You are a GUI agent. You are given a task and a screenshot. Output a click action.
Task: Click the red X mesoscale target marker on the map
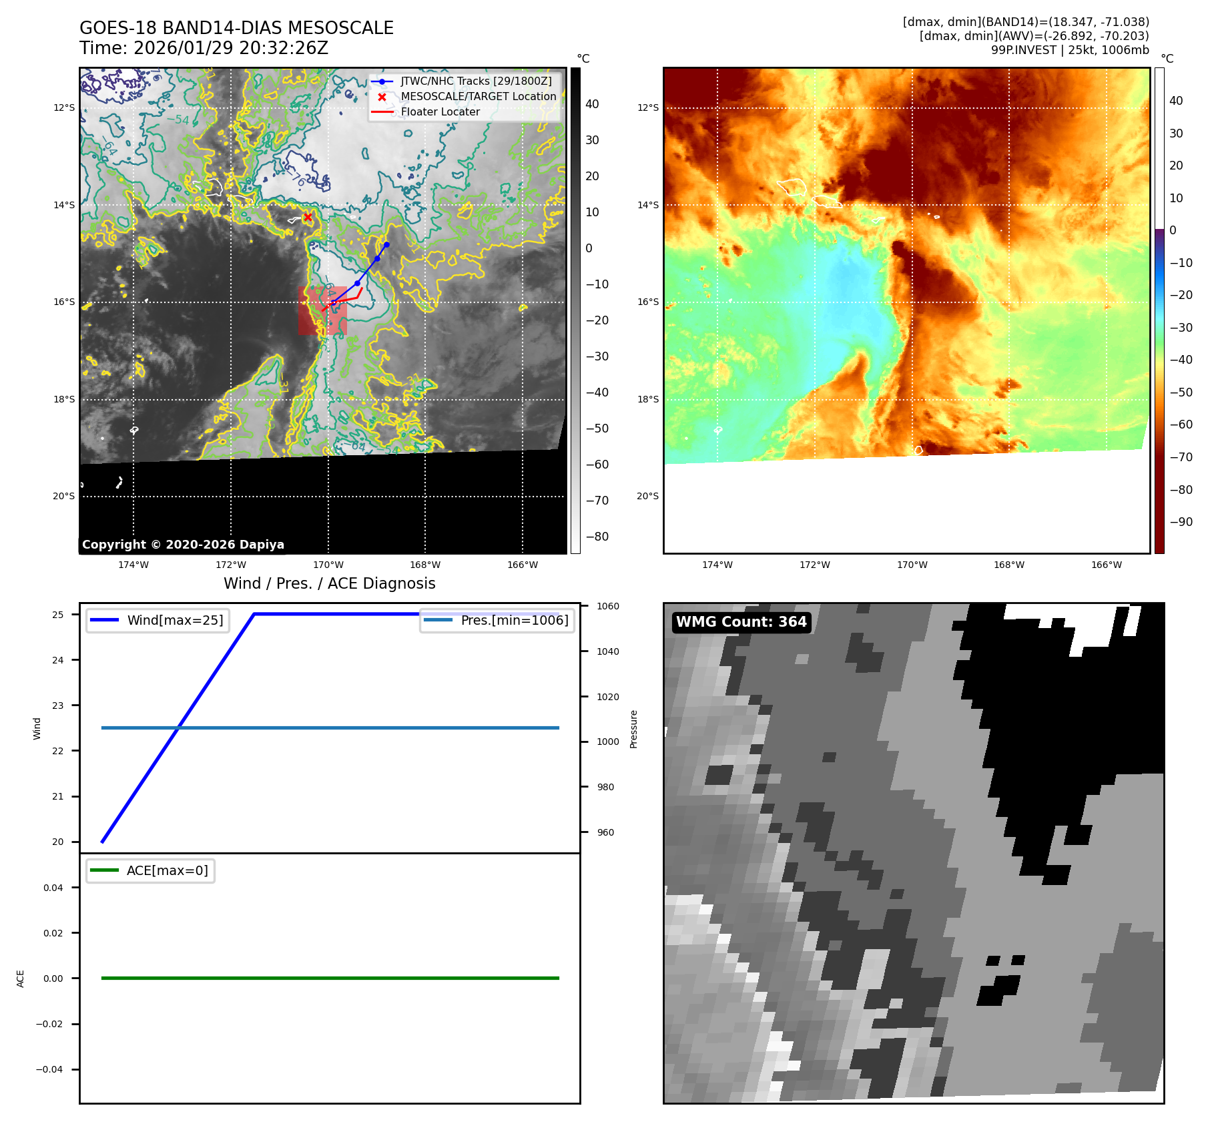(308, 217)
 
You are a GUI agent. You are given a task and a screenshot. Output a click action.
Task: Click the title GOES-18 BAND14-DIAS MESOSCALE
(236, 28)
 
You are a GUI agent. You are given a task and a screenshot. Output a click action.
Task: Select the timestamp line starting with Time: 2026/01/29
(204, 48)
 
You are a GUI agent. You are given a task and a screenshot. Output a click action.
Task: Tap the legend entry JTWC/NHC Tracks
(476, 81)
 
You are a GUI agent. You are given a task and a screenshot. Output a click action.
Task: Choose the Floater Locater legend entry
(440, 111)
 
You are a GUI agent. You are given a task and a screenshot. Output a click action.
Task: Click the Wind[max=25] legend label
(175, 620)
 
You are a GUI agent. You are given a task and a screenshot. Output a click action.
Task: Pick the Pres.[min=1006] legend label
(514, 620)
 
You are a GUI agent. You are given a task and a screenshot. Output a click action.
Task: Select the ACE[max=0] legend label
(167, 870)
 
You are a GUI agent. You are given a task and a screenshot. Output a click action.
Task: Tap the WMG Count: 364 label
(741, 622)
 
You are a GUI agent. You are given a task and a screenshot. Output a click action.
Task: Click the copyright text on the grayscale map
(183, 545)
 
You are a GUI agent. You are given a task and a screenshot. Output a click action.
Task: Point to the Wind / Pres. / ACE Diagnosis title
(329, 583)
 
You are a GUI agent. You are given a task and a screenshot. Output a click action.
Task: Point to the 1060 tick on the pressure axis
(607, 606)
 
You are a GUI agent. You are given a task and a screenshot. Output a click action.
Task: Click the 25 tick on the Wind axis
(58, 615)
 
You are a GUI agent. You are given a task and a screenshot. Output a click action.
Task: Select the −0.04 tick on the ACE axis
(49, 1069)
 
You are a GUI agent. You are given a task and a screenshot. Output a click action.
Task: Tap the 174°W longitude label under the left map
(133, 565)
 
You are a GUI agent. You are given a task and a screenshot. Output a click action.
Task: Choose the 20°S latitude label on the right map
(647, 496)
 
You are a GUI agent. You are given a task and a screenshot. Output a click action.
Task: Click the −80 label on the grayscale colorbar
(597, 537)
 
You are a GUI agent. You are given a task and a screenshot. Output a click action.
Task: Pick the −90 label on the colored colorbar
(1181, 522)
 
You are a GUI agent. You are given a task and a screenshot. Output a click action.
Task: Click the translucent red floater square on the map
(322, 311)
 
